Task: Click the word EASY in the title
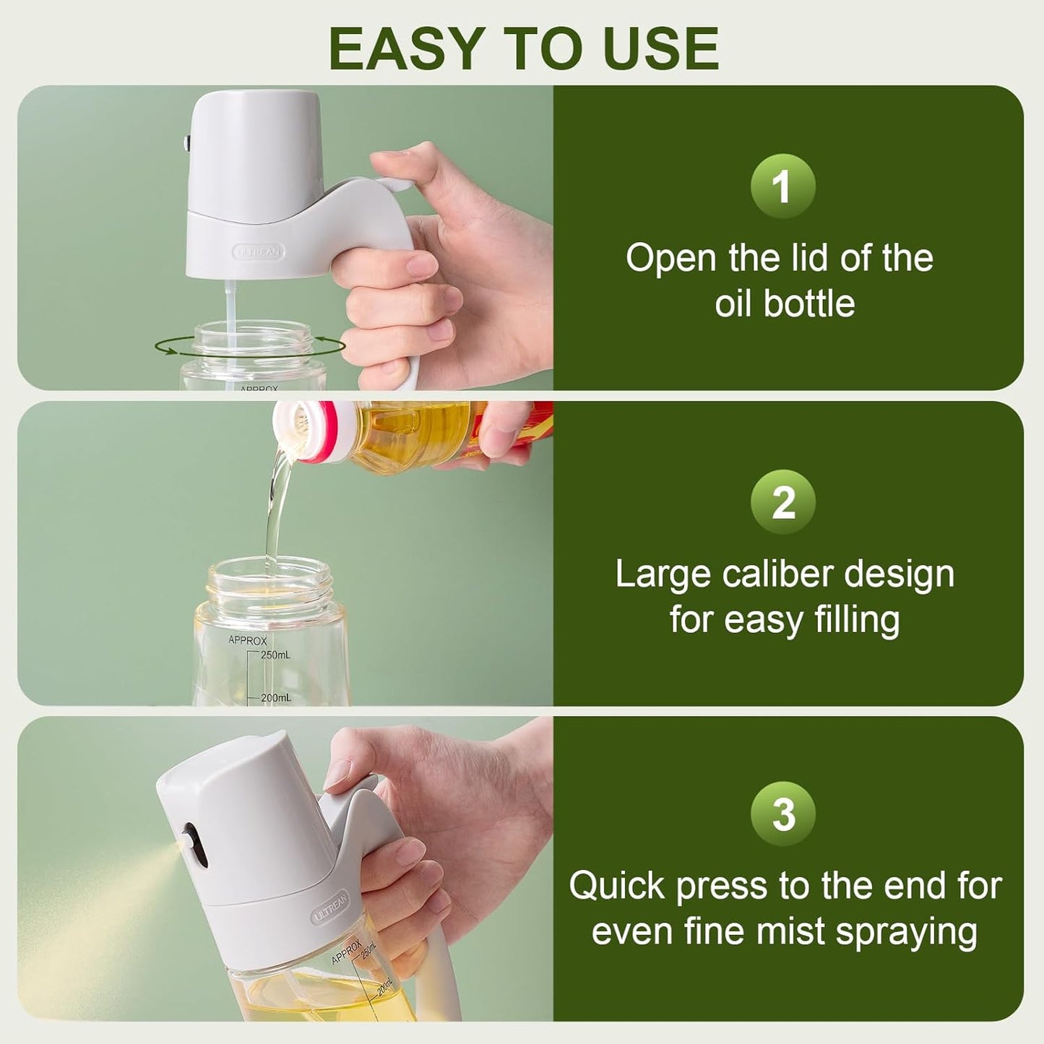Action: pos(405,48)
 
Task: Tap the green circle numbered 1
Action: pos(782,186)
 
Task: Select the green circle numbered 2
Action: pos(782,502)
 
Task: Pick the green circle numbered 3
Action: pos(782,814)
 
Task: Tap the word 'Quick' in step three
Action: pos(616,886)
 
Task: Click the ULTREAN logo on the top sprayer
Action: pos(258,252)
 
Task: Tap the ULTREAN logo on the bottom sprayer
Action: pos(330,907)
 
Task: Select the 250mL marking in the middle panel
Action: pos(275,655)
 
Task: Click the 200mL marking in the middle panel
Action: pos(275,698)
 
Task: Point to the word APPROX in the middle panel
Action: pos(247,640)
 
